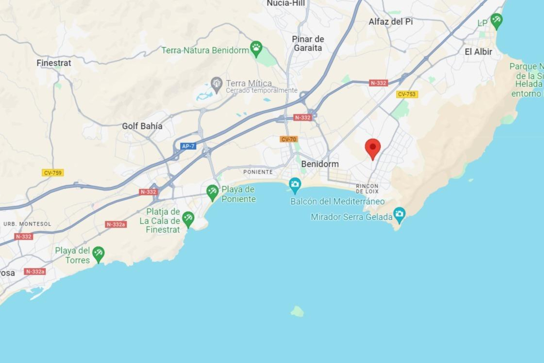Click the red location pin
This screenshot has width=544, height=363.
373,147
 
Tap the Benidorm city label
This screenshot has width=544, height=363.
320,164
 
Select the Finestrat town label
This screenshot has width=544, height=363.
54,63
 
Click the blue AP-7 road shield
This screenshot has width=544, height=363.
188,146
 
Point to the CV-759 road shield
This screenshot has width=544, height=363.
53,173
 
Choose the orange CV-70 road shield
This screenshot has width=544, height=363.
289,139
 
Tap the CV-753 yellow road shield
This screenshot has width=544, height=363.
407,94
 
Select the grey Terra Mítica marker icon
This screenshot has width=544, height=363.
216,84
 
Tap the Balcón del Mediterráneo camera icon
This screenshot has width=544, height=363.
295,185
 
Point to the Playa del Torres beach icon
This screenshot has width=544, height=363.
98,253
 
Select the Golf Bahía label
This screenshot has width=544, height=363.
142,126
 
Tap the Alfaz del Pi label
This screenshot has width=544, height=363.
391,22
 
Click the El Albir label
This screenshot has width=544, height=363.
478,52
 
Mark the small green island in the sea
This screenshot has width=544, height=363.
297,311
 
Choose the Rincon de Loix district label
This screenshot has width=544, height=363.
367,189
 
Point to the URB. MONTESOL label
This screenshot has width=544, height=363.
27,224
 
